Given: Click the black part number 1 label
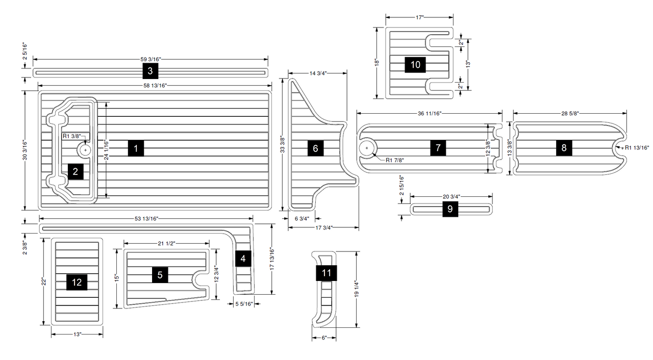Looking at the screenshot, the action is point(136,148).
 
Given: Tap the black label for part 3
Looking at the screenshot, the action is point(150,71).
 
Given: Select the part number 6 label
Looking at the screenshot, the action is point(315,148).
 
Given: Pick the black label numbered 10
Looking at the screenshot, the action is point(415,65).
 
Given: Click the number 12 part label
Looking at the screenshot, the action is point(77,282).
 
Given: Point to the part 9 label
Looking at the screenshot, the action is point(450,209).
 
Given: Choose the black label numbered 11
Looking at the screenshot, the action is point(326,273).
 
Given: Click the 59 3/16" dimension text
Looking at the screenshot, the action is point(150,60).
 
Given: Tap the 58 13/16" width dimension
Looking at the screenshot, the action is point(155,85).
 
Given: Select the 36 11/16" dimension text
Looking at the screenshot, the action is point(430,113).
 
